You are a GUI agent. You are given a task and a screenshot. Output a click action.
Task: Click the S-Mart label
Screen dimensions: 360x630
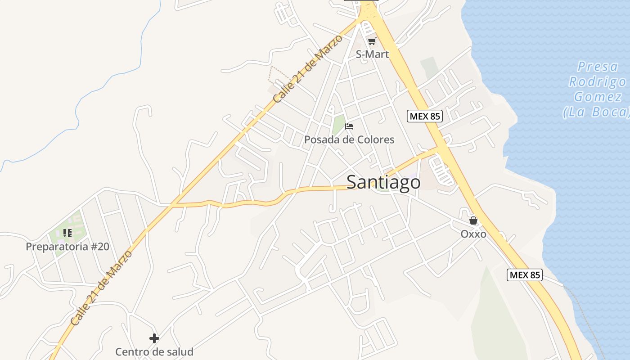(x=372, y=54)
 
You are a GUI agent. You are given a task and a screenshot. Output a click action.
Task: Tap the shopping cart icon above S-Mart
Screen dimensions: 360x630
(x=372, y=41)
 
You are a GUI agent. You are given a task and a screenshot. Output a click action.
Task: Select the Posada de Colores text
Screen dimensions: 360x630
(x=349, y=139)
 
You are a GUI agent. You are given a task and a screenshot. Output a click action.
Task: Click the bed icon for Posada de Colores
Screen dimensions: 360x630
(x=349, y=126)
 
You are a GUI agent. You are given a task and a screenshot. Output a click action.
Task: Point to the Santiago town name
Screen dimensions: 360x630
(x=383, y=182)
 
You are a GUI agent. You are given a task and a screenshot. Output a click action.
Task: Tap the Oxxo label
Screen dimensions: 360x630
(x=473, y=234)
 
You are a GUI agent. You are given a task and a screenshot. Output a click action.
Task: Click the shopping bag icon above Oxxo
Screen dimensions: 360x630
(x=473, y=220)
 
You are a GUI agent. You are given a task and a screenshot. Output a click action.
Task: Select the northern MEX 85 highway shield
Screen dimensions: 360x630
(x=425, y=116)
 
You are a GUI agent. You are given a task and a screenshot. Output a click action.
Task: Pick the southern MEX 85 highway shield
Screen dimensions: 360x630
(x=524, y=274)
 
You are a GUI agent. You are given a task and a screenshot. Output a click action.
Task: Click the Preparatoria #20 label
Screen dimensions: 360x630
(x=67, y=247)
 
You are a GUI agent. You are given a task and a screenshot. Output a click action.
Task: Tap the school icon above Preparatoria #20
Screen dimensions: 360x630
(x=67, y=233)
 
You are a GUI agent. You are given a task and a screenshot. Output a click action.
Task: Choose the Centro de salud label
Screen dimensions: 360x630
(x=154, y=352)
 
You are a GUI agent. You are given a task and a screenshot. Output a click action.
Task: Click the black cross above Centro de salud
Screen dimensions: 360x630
(x=154, y=338)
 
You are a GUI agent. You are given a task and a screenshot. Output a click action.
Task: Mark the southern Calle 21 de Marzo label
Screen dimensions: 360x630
(x=101, y=288)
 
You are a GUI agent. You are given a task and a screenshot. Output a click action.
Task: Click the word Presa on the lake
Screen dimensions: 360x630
(x=598, y=67)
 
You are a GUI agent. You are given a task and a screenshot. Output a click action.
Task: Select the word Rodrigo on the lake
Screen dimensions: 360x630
(x=597, y=82)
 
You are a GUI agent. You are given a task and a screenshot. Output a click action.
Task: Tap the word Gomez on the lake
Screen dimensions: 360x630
(x=598, y=97)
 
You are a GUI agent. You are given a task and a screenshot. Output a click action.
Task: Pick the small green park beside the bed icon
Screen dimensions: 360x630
(x=338, y=124)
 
